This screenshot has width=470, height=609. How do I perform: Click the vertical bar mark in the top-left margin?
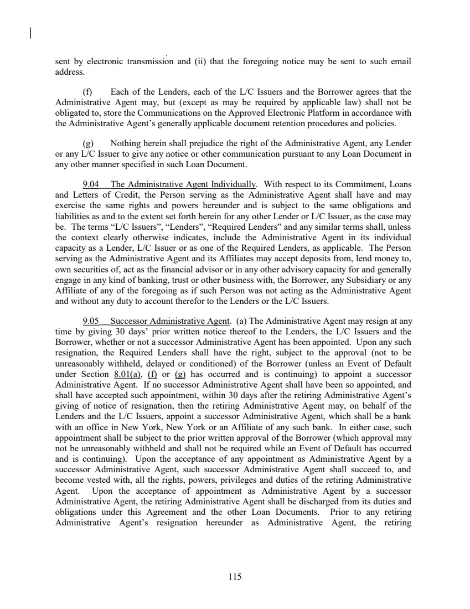[x=30, y=34]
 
